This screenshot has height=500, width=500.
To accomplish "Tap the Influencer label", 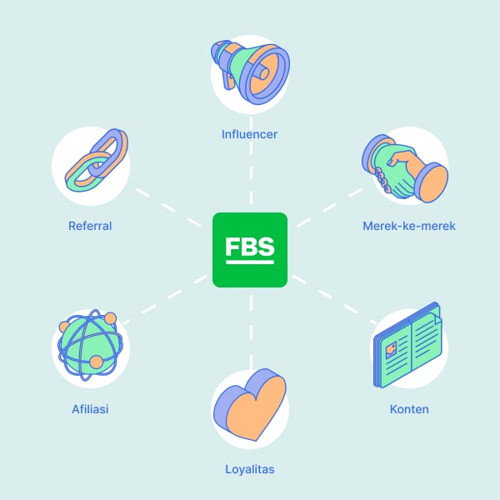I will coord(249,133).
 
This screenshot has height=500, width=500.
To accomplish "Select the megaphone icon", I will coord(249,74).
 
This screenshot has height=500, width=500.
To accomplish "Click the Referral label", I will coord(90,225).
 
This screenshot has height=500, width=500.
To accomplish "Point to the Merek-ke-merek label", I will coord(409,225).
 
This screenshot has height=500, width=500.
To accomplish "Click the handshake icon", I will coord(406,167).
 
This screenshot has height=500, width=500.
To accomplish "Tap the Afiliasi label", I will coord(90,409).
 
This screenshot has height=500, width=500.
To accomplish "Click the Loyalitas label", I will coord(249,469).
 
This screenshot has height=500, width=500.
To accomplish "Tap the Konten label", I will coord(409,409).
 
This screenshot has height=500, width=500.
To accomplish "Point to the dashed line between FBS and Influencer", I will coord(250,179).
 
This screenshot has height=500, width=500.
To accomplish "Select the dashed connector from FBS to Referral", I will coord(171,203).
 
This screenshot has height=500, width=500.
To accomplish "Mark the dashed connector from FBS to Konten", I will coord(333,299).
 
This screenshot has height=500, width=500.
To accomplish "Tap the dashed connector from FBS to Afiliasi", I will coord(167,299).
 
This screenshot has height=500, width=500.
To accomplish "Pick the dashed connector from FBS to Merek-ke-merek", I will coord(329,205).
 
